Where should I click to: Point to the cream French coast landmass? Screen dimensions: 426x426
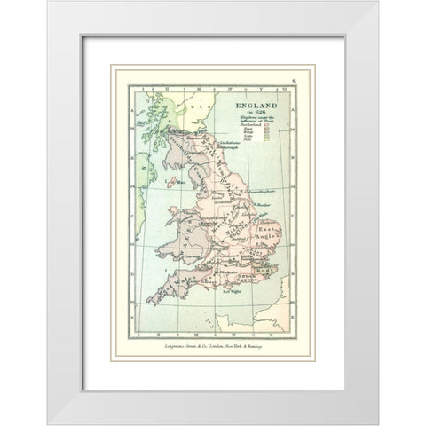[x=266, y=311]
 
